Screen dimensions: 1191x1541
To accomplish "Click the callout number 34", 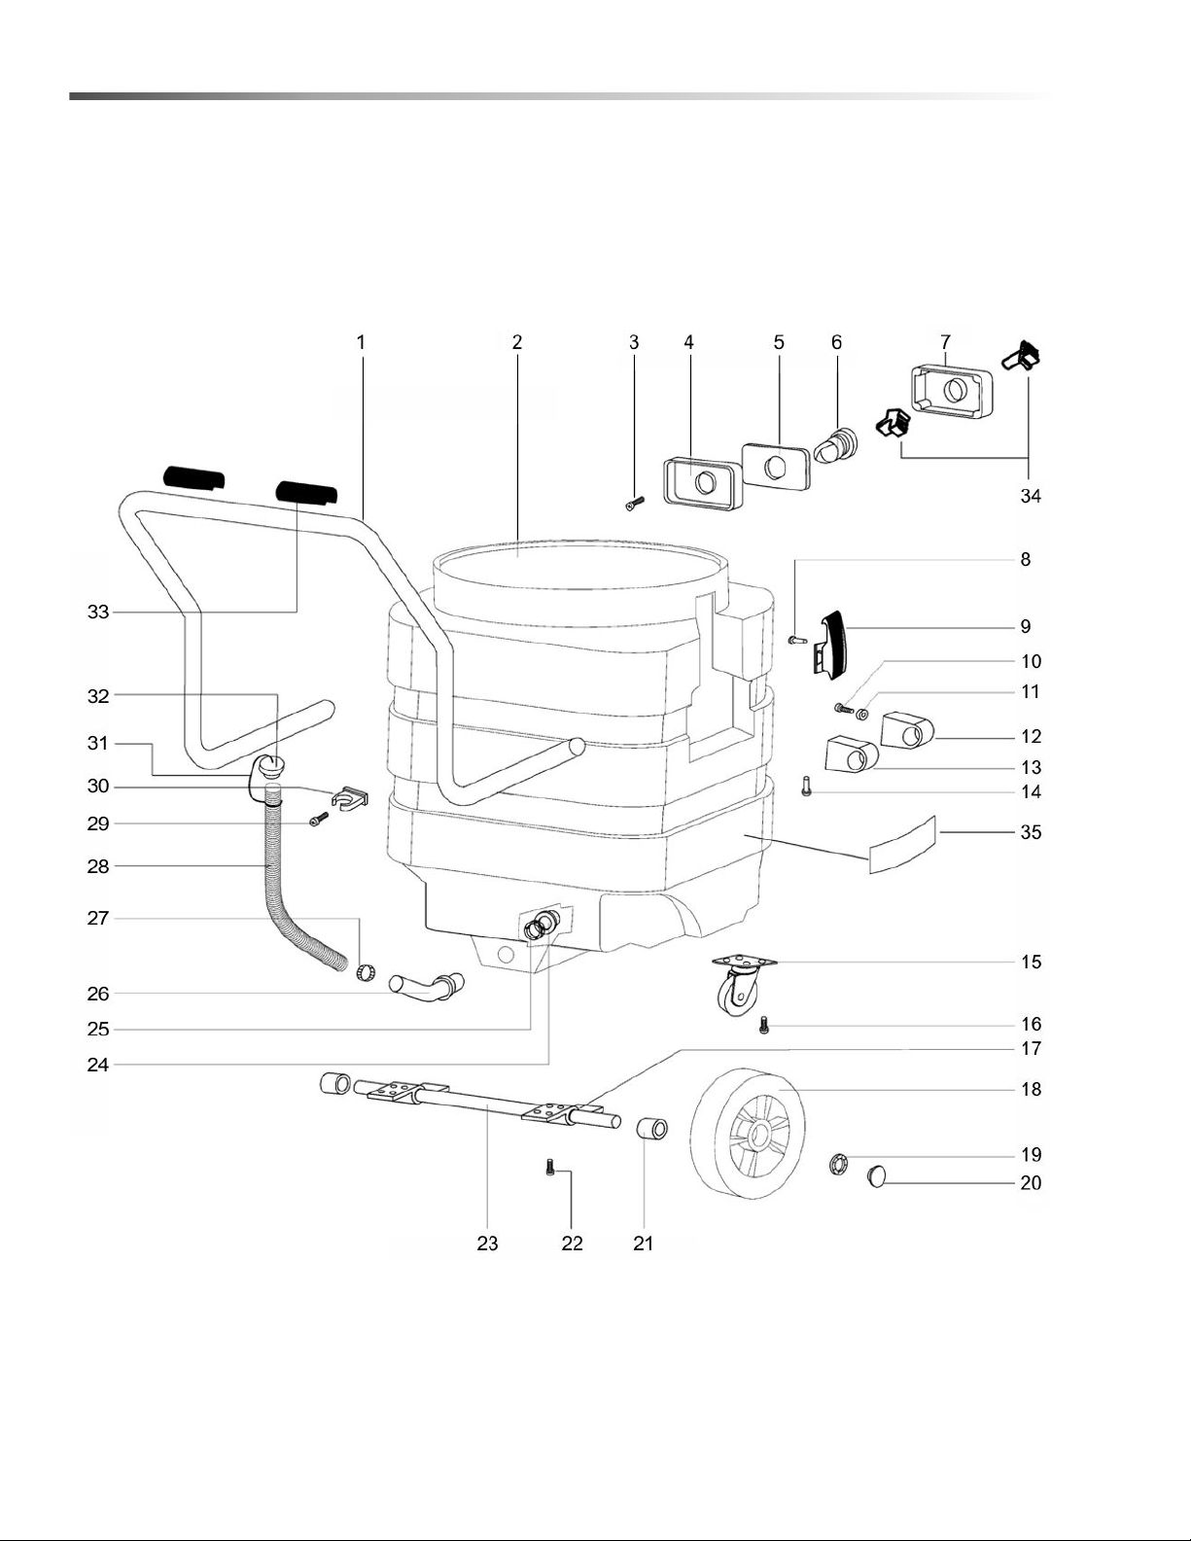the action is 1030,497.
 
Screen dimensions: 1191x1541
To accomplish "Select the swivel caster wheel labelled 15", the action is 742,983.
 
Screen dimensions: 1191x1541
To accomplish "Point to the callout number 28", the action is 98,866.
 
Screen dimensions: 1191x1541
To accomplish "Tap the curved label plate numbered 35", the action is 902,845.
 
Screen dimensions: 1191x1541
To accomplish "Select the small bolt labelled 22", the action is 550,1167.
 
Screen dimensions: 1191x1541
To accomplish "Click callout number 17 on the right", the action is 1031,1047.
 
